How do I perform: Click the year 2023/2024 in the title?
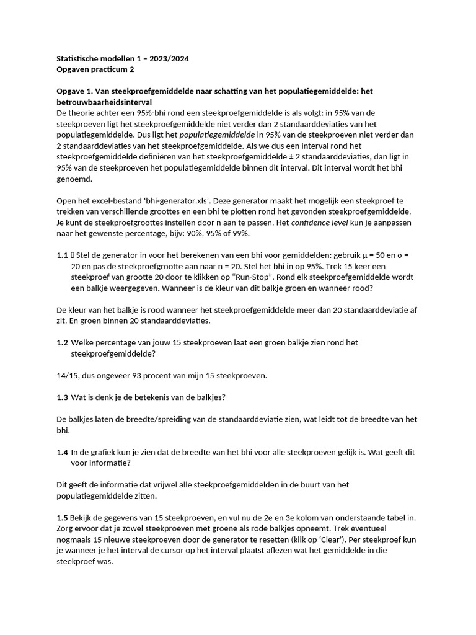click(167, 59)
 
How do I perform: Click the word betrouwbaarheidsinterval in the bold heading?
click(104, 102)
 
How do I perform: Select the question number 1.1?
click(62, 255)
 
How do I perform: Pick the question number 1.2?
click(62, 342)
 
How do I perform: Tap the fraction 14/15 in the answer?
click(68, 375)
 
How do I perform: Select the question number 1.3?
click(62, 397)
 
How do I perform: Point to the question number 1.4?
click(62, 452)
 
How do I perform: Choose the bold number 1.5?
click(62, 517)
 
